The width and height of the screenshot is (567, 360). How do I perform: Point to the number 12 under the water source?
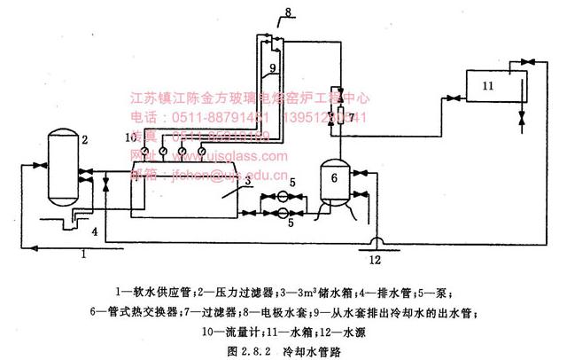click(x=375, y=259)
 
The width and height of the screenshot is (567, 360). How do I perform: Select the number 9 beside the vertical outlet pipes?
click(x=273, y=67)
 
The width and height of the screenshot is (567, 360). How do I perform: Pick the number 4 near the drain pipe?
click(x=95, y=232)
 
